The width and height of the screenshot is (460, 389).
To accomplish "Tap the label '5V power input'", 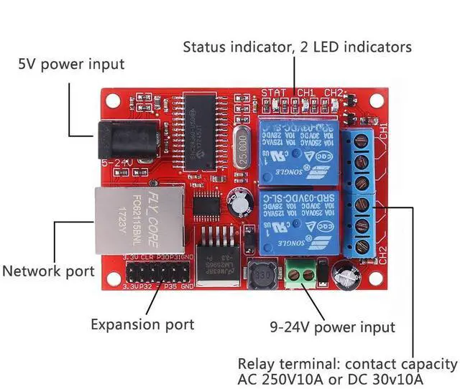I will [x=71, y=64].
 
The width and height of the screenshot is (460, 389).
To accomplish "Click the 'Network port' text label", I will [x=48, y=271].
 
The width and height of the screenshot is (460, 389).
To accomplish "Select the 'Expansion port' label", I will [x=142, y=324].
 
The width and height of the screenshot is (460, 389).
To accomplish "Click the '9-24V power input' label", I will [x=333, y=327].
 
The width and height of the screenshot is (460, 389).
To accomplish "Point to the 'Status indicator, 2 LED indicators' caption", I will [x=297, y=47].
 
